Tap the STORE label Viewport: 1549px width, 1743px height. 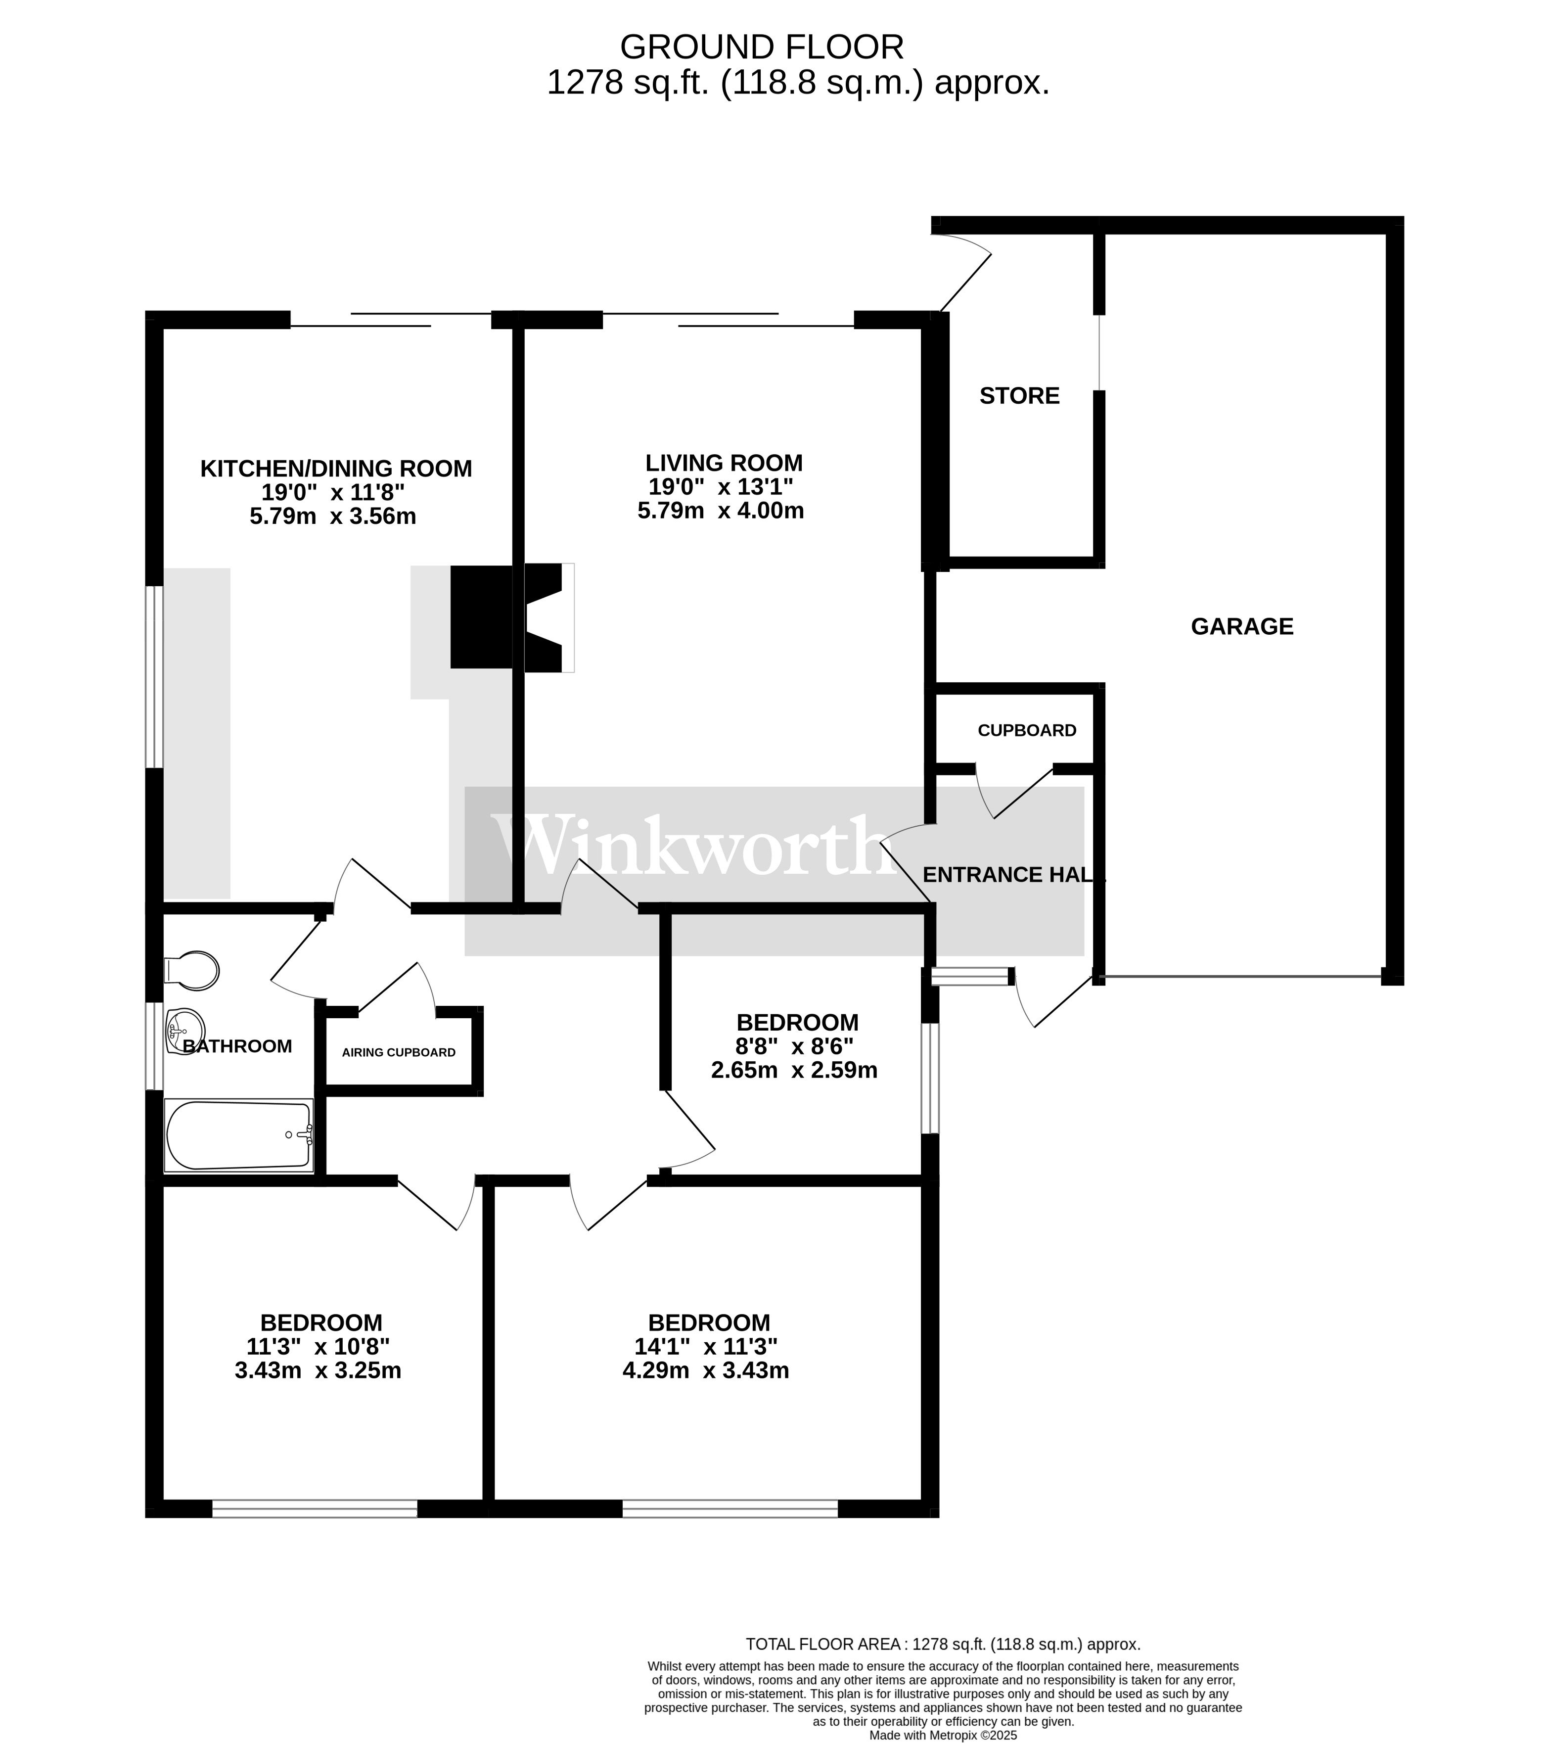point(1020,396)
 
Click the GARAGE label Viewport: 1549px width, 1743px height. point(1242,627)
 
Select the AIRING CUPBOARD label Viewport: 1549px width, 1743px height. point(399,1052)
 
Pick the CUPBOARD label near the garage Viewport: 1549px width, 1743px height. point(1027,731)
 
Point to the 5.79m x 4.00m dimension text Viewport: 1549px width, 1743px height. point(721,511)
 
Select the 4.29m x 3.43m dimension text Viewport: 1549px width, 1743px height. point(706,1370)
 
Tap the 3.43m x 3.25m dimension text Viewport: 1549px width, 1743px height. point(318,1370)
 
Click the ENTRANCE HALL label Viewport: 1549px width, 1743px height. point(1014,875)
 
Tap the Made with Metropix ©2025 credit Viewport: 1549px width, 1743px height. point(943,1735)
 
